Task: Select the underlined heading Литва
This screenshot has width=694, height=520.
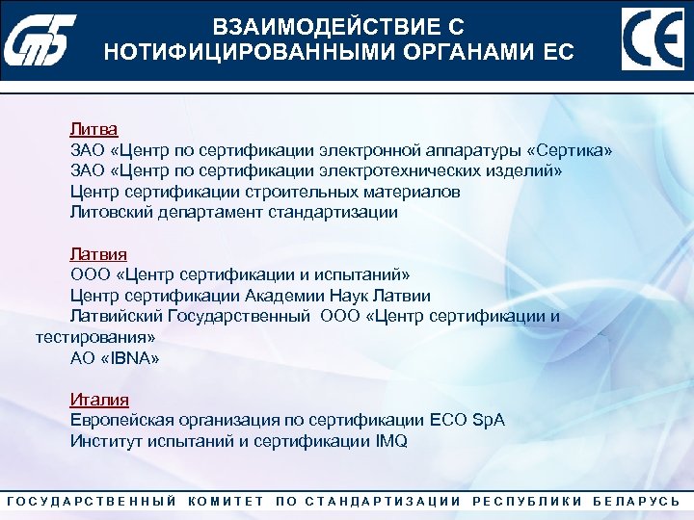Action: (x=93, y=129)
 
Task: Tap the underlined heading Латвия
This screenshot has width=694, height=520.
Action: (x=97, y=254)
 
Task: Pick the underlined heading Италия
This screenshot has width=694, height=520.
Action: (x=99, y=400)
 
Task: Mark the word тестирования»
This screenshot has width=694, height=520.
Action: (x=94, y=337)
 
